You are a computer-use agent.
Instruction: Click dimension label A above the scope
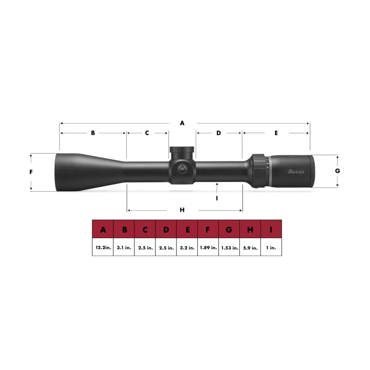pyautogui.click(x=182, y=123)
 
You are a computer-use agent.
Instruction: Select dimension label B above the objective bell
pyautogui.click(x=93, y=133)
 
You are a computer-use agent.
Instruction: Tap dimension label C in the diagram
pyautogui.click(x=147, y=133)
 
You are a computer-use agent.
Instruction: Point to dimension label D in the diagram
pyautogui.click(x=218, y=133)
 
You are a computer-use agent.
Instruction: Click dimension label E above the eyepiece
pyautogui.click(x=276, y=133)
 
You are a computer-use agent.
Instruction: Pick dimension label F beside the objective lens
pyautogui.click(x=31, y=172)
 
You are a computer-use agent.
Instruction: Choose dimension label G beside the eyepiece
pyautogui.click(x=337, y=171)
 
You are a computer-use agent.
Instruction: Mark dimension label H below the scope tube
pyautogui.click(x=182, y=210)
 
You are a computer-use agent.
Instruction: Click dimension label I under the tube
pyautogui.click(x=217, y=198)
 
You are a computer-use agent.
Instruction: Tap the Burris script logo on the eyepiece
pyautogui.click(x=296, y=171)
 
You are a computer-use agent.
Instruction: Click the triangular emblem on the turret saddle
pyautogui.click(x=182, y=168)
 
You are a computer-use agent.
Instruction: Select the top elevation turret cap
pyautogui.click(x=182, y=150)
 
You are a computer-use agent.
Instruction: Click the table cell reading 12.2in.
pyautogui.click(x=102, y=248)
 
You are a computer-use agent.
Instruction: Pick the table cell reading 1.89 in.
pyautogui.click(x=208, y=248)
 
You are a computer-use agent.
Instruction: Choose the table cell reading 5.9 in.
pyautogui.click(x=250, y=248)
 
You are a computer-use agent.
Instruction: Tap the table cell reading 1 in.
pyautogui.click(x=271, y=248)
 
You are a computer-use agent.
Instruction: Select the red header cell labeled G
pyautogui.click(x=229, y=230)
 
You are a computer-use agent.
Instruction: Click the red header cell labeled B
pyautogui.click(x=124, y=230)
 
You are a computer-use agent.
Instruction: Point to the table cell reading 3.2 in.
pyautogui.click(x=187, y=248)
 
